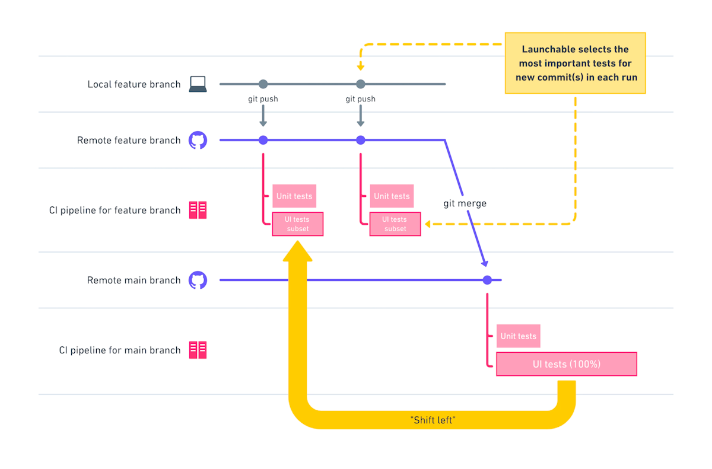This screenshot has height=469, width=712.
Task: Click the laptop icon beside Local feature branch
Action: (x=198, y=84)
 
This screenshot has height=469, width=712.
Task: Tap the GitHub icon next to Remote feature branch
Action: (x=198, y=141)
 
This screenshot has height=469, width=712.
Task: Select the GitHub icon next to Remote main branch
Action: (x=198, y=280)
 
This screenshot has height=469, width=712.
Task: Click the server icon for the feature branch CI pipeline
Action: (x=198, y=210)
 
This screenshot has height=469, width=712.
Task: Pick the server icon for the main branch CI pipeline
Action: (x=198, y=350)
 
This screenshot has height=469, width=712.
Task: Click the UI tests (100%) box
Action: (x=566, y=364)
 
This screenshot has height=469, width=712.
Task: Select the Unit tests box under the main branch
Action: (x=518, y=336)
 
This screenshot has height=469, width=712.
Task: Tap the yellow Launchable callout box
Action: (x=574, y=63)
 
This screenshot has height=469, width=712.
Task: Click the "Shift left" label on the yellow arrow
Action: (x=432, y=419)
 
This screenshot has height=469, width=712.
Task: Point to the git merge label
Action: (x=465, y=203)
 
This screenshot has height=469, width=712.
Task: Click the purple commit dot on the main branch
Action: (x=487, y=280)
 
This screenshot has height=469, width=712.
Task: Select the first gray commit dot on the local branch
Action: (x=263, y=84)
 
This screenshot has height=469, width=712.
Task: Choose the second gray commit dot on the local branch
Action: (x=360, y=84)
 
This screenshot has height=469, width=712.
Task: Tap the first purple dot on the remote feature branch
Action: (x=263, y=141)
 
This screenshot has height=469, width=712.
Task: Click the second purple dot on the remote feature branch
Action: (x=360, y=141)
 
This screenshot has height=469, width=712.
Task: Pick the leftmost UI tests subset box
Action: (x=298, y=224)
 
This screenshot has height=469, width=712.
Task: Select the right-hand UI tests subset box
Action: (x=395, y=224)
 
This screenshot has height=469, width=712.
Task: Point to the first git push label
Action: (x=263, y=99)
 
